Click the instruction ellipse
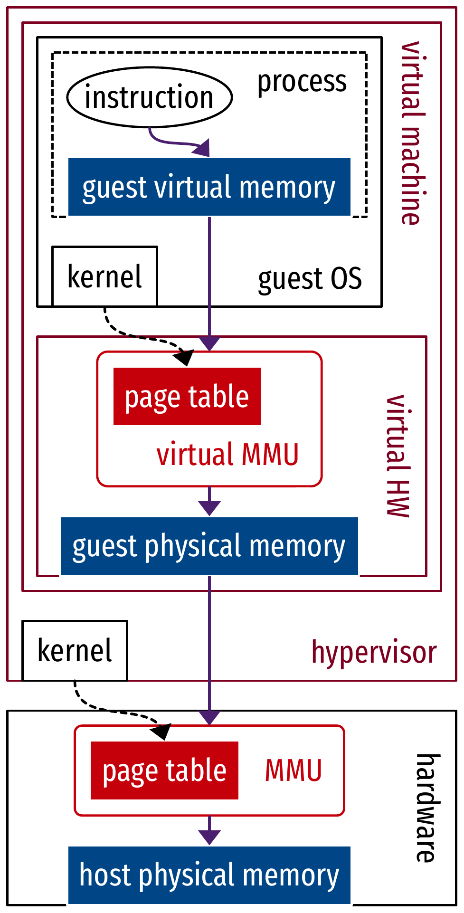[x=149, y=97]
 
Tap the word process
[x=302, y=82]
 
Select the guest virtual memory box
[x=209, y=187]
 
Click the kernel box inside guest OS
[x=104, y=276]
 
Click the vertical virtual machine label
[x=411, y=133]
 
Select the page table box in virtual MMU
[x=187, y=397]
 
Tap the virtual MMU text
[x=227, y=455]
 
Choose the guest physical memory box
[x=209, y=546]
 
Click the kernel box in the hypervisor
[x=75, y=650]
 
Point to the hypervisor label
[x=374, y=652]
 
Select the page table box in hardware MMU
[x=164, y=770]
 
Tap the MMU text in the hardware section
[x=293, y=770]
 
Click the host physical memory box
[x=209, y=875]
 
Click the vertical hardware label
[x=426, y=808]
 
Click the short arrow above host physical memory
[x=209, y=832]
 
